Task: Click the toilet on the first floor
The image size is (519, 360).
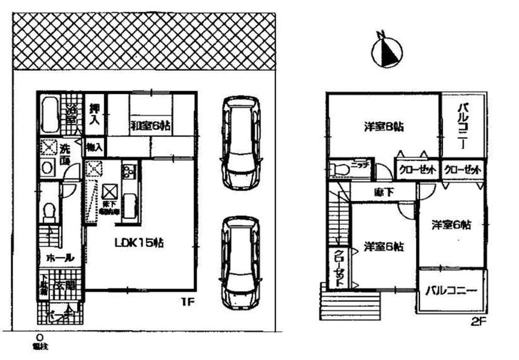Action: (50, 212)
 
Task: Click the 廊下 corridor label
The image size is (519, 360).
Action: (384, 192)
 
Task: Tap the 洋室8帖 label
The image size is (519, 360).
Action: (384, 126)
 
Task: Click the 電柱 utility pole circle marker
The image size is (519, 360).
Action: (39, 336)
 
